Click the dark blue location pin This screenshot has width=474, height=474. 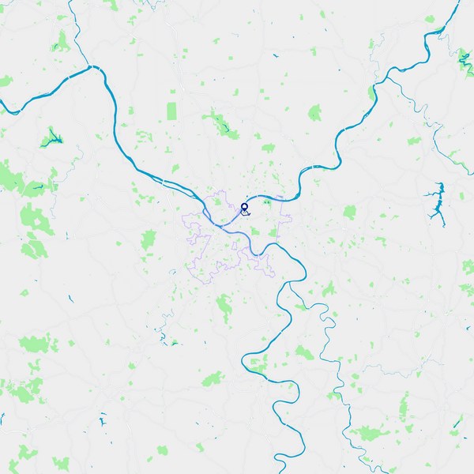point(244,208)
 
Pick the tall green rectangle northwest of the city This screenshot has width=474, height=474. point(172,111)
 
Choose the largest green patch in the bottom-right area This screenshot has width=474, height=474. point(367,433)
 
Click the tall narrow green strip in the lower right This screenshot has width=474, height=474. point(404,408)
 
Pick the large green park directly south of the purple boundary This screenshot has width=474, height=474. point(225,304)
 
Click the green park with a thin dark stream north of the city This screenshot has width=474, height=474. point(219,122)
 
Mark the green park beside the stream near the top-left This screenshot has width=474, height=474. point(61,41)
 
